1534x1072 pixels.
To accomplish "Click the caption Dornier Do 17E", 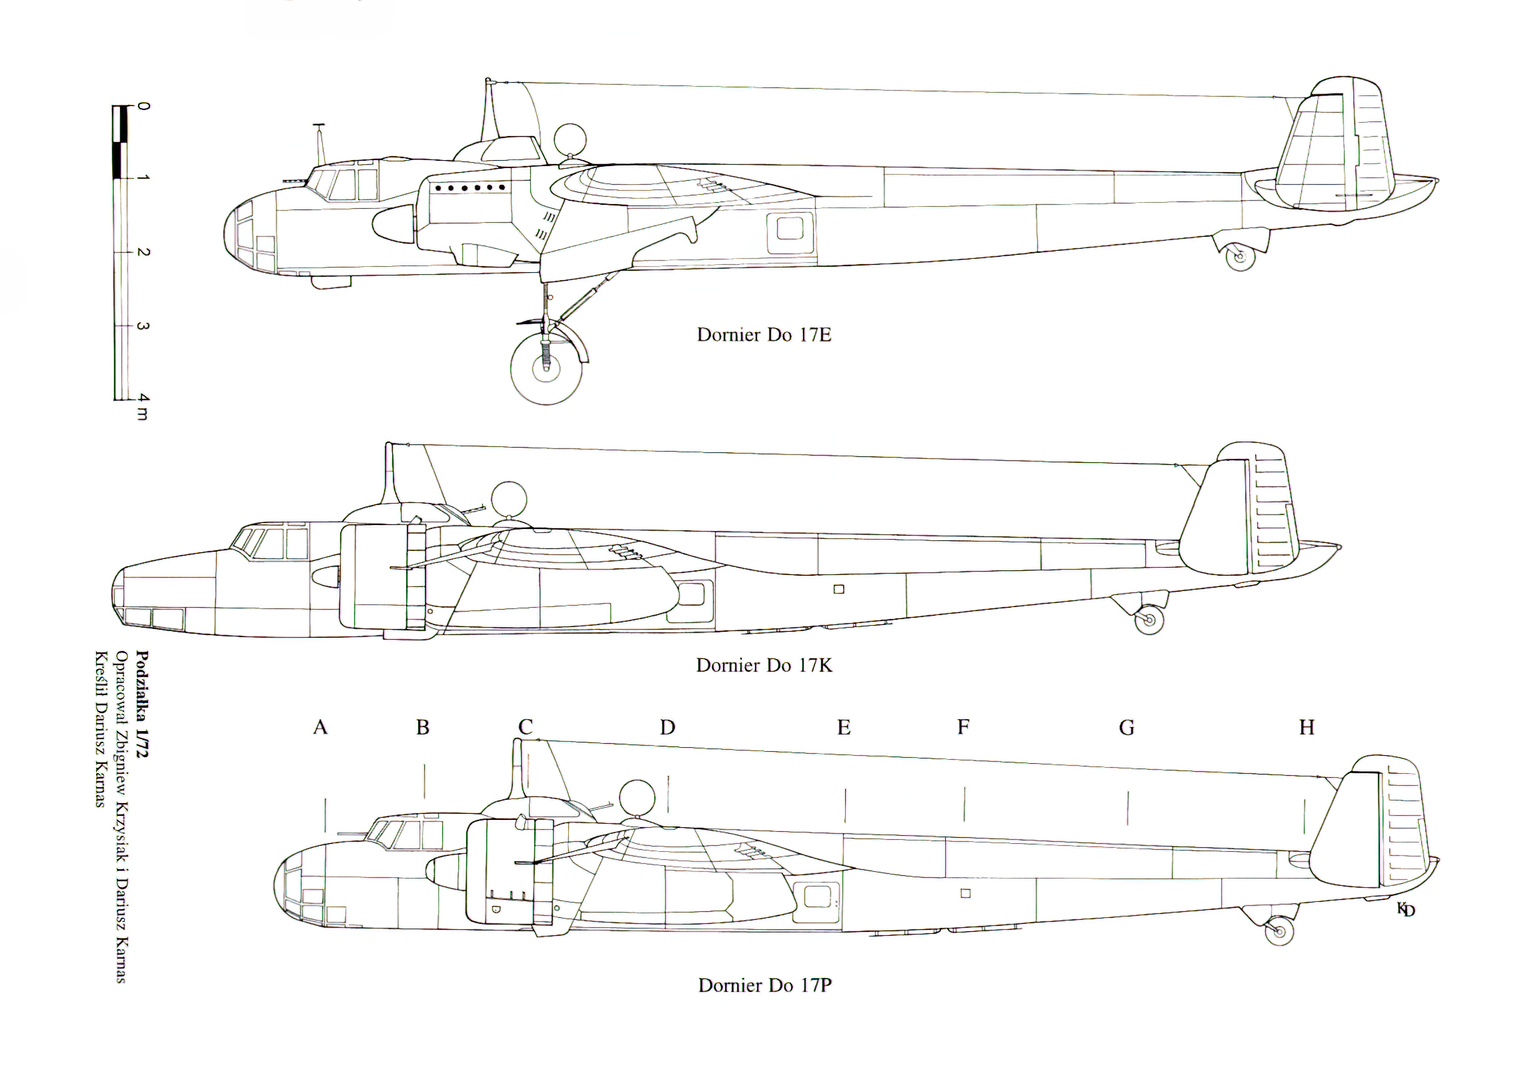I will pos(764,335).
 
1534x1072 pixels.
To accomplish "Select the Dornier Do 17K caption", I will pos(764,666).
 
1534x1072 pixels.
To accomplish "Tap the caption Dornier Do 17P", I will pos(764,985).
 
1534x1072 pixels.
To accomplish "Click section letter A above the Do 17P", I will pos(320,727).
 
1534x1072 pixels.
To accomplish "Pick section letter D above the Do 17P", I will pos(668,727).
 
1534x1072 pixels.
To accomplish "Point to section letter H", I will pos(1307,727).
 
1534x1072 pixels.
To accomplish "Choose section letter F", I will pos(963,727).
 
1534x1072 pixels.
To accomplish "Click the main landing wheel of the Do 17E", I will pos(546,368).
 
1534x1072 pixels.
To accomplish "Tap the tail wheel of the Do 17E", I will pos(1240,257).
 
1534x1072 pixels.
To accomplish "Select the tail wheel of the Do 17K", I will pos(1149,620).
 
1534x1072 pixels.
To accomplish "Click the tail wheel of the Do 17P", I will pos(1279,931).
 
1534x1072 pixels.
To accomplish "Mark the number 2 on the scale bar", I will pos(143,252).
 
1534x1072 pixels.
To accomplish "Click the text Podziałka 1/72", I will pos(142,704).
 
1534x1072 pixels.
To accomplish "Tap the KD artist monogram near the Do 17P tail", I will pos(1406,909).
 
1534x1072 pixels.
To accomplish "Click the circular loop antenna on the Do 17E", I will pos(570,140).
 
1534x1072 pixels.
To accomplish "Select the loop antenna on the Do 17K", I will pos(508,499).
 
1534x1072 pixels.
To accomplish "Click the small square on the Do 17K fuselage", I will pos(839,589).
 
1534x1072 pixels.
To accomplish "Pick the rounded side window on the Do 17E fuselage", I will pos(790,229).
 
